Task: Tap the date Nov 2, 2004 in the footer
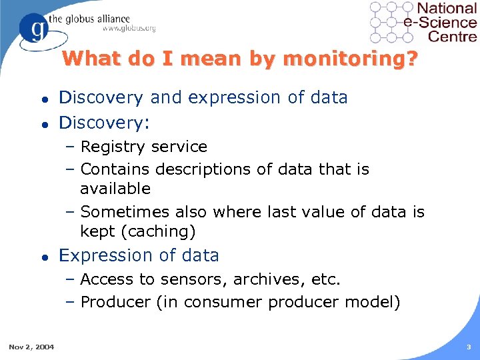coord(32,346)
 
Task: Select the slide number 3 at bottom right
coord(469,346)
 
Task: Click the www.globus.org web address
coord(129,28)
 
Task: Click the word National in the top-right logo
coord(447,9)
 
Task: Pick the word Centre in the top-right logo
coord(453,37)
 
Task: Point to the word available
coord(115,189)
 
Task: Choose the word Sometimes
coord(125,212)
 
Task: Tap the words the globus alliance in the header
coord(93,18)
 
